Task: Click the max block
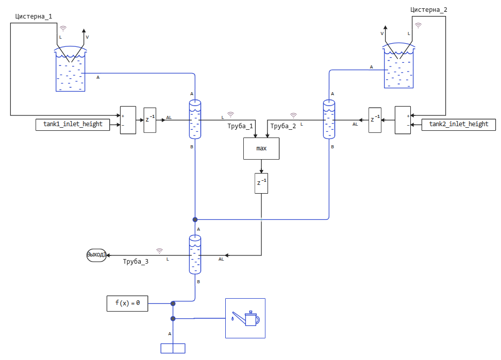coord(261,148)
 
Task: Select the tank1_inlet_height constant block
coord(73,124)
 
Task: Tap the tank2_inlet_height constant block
coord(459,124)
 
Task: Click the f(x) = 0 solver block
coord(127,303)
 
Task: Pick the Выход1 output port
coord(96,255)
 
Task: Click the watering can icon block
coord(245,318)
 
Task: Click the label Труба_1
coord(240,126)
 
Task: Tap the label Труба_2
coord(283,126)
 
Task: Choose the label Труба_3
coord(136,262)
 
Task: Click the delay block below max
coord(261,183)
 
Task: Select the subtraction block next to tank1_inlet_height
coord(128,120)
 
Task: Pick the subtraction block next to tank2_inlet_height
coord(403,120)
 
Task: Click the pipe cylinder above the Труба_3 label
coord(195,254)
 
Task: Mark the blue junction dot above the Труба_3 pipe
coord(195,219)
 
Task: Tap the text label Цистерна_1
coord(34,16)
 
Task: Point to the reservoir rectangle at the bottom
coord(173,348)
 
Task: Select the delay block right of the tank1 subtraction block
coord(149,120)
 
